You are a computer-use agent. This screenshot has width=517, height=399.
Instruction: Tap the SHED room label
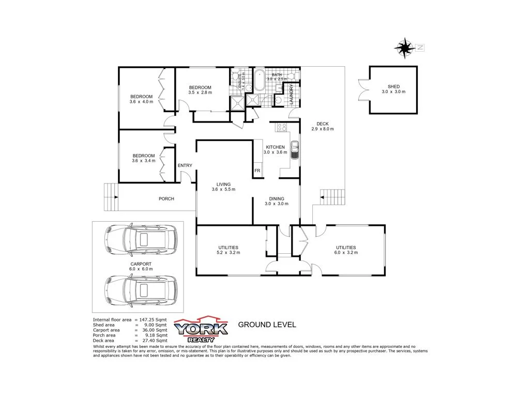[393, 89]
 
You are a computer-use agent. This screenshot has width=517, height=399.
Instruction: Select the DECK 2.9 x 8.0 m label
[323, 126]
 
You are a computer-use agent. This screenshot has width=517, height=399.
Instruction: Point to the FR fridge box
[257, 171]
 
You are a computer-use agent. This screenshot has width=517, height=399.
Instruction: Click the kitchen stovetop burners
[282, 127]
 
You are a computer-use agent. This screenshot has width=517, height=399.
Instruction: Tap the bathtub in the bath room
[259, 81]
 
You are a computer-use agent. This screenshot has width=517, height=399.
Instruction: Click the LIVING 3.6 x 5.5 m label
[223, 187]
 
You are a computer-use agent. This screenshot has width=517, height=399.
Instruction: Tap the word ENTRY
[185, 165]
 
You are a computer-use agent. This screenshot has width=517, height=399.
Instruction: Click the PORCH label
[166, 199]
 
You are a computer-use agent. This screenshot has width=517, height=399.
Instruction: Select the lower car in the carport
[140, 289]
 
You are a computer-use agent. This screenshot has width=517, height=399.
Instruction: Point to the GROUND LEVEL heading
[267, 325]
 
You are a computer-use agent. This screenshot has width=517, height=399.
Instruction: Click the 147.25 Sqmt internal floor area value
[155, 320]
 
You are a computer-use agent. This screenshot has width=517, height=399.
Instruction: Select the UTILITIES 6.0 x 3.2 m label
[345, 250]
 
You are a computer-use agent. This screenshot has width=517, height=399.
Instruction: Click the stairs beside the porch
[111, 197]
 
